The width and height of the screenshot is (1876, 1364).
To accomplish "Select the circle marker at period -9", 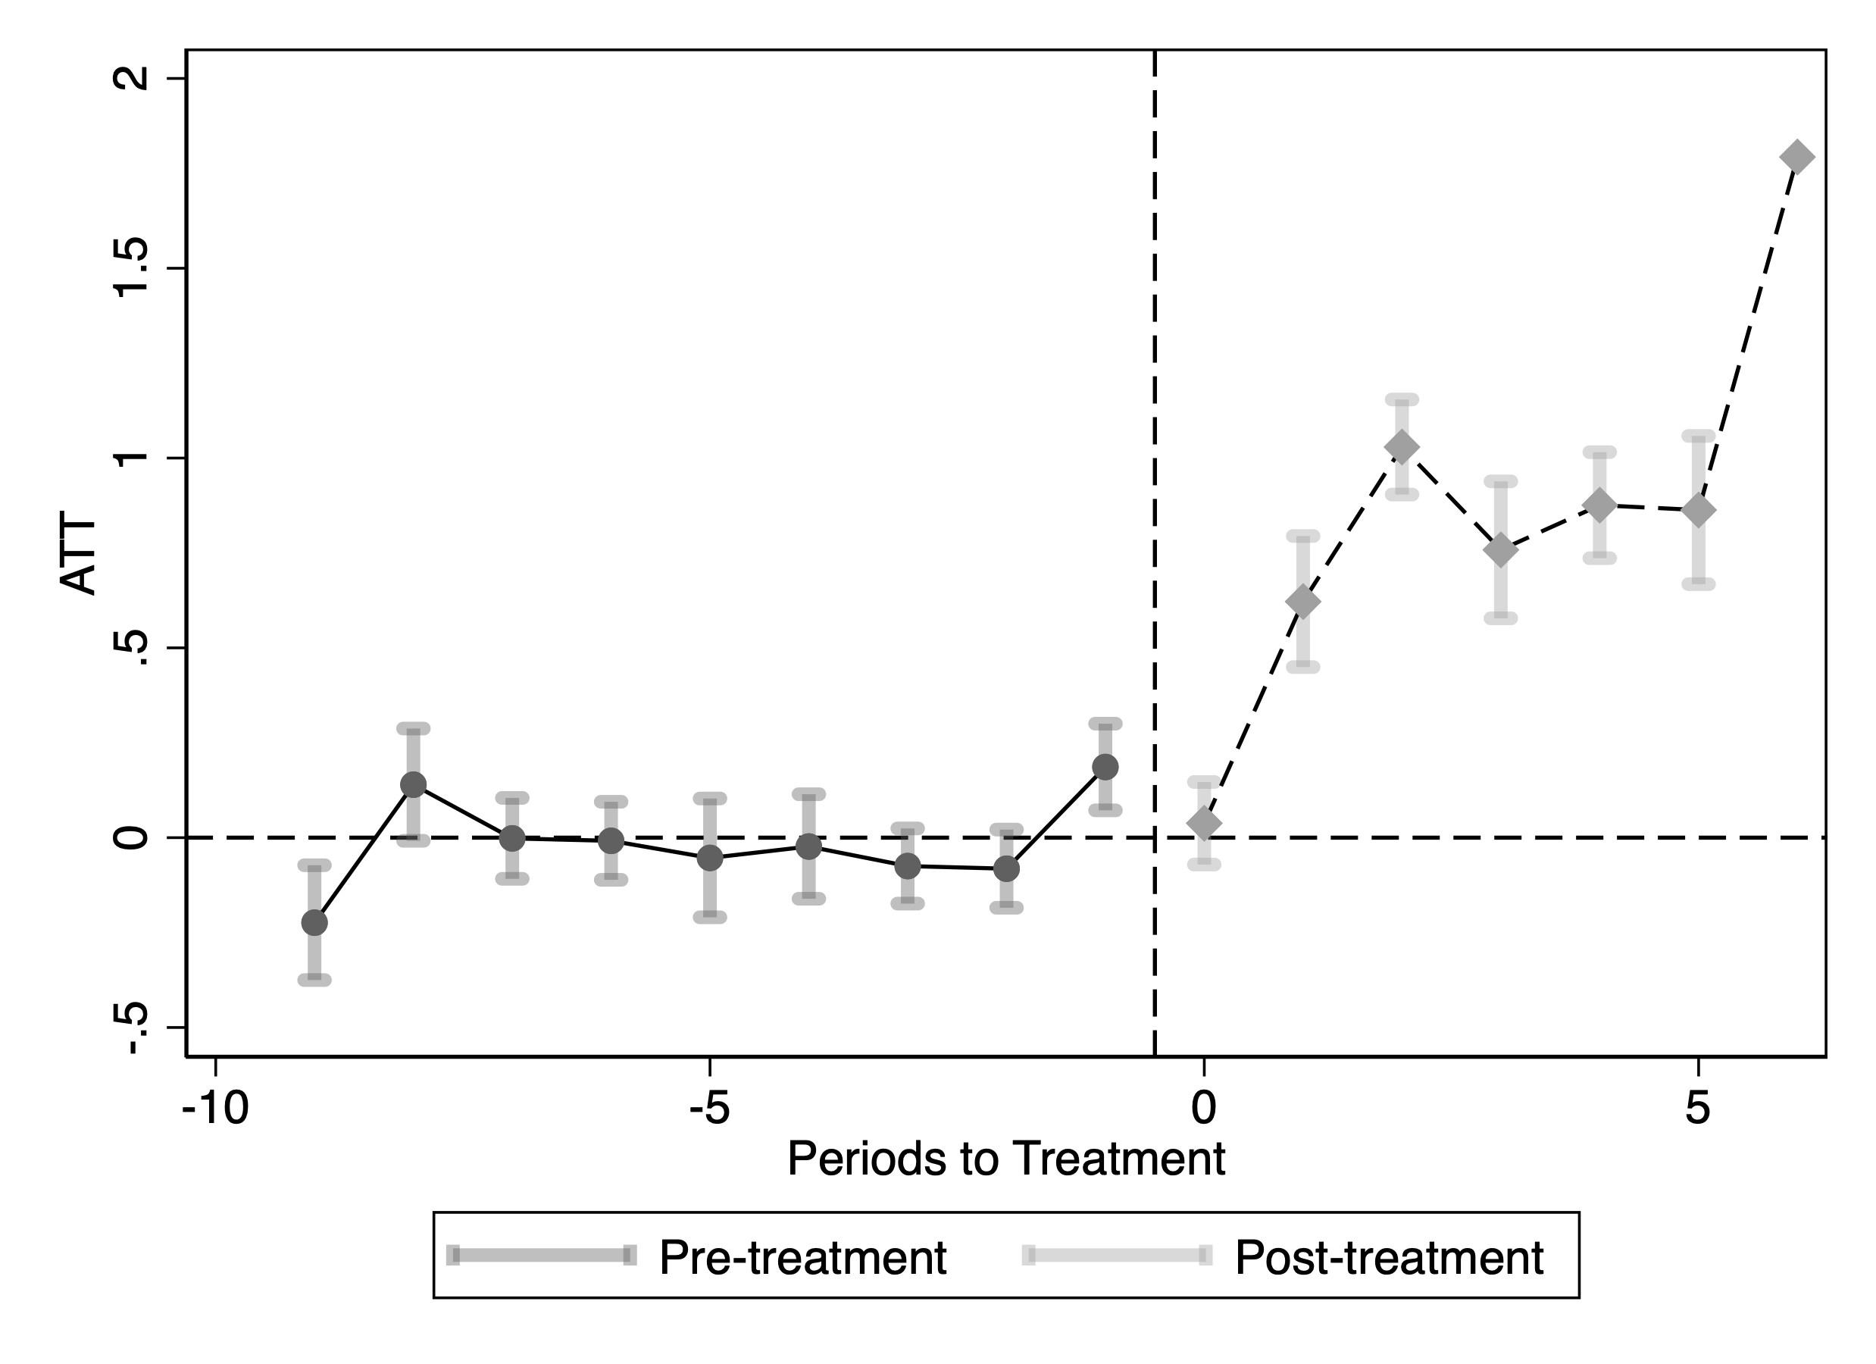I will (314, 922).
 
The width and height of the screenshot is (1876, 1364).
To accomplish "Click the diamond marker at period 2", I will (1402, 448).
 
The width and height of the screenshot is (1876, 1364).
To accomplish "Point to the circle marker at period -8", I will (414, 784).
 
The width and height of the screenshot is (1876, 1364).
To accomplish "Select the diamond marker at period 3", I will (1500, 550).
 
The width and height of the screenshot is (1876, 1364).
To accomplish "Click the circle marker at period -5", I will (710, 859).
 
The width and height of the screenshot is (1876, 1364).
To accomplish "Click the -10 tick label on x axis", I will (215, 1109).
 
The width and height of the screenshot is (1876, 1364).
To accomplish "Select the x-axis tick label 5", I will (1698, 1109).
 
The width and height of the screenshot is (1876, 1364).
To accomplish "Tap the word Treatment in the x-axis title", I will (1118, 1159).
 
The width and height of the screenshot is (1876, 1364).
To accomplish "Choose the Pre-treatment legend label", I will (802, 1258).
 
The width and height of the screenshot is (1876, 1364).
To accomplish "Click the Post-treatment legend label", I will (1389, 1258).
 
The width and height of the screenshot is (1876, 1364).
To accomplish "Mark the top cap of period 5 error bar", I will (1698, 436).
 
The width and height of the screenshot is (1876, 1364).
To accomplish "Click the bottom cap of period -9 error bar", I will (314, 981).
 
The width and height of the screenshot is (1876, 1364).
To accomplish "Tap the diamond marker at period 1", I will (1302, 602).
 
